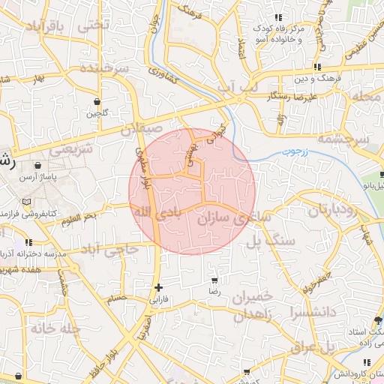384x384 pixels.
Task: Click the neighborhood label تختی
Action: pos(94,24)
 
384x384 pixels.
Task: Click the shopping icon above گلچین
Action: pos(97,101)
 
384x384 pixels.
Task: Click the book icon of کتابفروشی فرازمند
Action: pos(28,202)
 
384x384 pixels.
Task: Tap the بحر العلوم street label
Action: pos(79,217)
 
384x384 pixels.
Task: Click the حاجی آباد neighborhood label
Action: pos(109,248)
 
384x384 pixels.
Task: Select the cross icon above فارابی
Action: pos(158,287)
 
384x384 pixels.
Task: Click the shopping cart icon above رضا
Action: pos(214,280)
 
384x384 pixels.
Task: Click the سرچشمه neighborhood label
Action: pos(343,139)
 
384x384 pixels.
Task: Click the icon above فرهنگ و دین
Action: pos(318,66)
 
